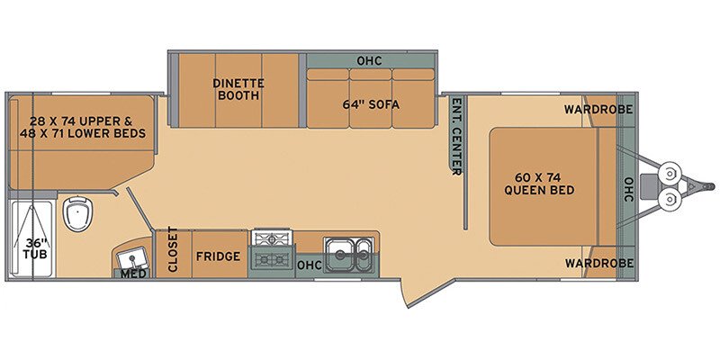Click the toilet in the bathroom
click(79, 215)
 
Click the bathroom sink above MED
click(133, 256)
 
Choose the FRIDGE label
click(219, 256)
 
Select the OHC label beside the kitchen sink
click(310, 265)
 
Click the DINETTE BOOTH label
click(237, 89)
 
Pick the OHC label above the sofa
click(369, 61)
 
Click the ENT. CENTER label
click(456, 136)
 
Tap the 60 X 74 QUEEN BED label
click(539, 183)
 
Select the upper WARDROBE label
click(598, 110)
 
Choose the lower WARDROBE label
click(598, 263)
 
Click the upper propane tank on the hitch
click(670, 171)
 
